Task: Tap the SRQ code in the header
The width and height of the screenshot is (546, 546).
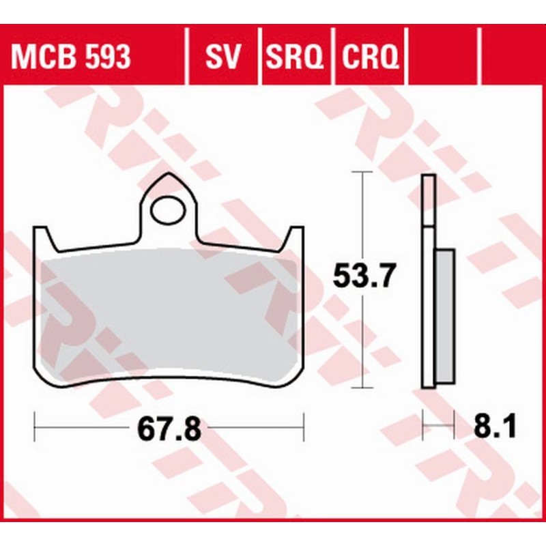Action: [294, 57]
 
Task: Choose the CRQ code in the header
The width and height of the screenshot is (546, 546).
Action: [369, 57]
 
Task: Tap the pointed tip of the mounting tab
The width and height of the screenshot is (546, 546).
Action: [169, 175]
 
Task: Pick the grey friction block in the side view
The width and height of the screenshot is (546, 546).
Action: [444, 314]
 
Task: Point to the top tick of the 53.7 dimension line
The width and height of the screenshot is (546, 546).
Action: [361, 173]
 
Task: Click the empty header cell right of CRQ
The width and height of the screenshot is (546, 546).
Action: [444, 57]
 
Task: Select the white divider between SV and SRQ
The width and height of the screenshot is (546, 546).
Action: [260, 57]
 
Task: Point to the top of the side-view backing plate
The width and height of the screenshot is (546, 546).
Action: [428, 177]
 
